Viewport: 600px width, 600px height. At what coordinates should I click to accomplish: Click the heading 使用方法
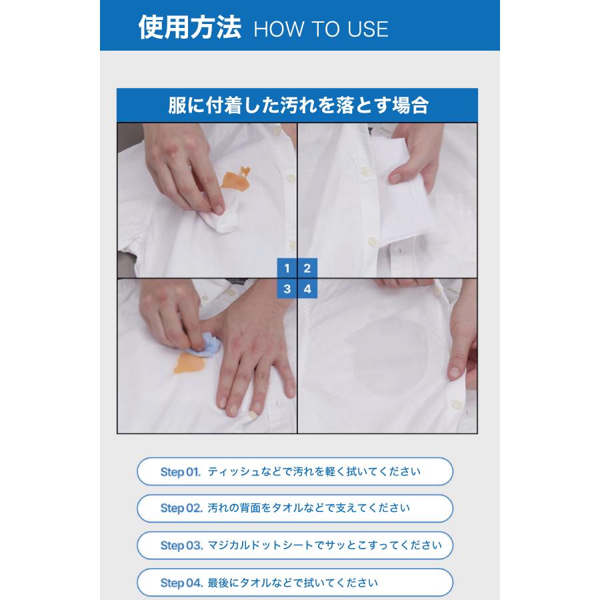pos(190,27)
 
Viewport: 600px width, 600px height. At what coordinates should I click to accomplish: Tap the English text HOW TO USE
pos(321,29)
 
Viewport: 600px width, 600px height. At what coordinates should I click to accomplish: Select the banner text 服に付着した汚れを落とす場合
pos(298,105)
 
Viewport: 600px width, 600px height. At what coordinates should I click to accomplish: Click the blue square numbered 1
pos(287,268)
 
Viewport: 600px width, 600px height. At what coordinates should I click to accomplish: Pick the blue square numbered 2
pos(307,268)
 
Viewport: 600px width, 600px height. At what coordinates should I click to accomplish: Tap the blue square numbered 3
pos(287,289)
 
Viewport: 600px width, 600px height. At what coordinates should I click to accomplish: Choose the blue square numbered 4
pos(307,289)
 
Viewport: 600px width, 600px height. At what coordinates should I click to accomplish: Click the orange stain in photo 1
pos(234,180)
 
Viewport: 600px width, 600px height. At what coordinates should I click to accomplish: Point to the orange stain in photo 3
pos(189,363)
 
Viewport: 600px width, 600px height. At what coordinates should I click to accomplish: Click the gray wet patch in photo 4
pos(387,356)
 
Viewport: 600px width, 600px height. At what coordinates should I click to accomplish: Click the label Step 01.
pos(180,472)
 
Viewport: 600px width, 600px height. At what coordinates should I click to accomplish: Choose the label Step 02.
pos(181,508)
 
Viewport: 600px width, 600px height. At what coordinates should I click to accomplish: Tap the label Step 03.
pos(181,545)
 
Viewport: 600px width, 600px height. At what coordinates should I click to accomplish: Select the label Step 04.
pos(181,583)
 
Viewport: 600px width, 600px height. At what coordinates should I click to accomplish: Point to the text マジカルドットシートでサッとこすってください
pos(325,545)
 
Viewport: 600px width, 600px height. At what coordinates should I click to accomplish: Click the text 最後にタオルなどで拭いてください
pos(293,583)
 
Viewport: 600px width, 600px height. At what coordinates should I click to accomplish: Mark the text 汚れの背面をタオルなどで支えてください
pos(309,508)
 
